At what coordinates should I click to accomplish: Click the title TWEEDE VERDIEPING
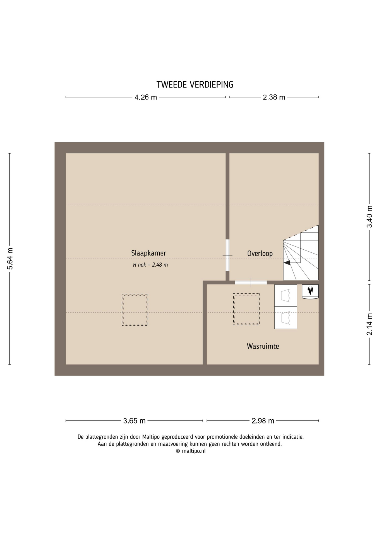click(x=195, y=84)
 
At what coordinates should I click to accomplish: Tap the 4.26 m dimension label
click(x=146, y=97)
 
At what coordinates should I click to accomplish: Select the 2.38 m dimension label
click(x=274, y=97)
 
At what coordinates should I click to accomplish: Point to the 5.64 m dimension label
click(x=10, y=259)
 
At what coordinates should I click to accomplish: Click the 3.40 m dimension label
click(x=370, y=217)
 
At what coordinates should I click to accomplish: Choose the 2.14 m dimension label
click(x=370, y=324)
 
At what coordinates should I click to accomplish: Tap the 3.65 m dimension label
click(x=134, y=421)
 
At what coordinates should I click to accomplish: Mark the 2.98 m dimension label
click(x=263, y=421)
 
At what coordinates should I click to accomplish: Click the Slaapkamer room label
click(x=148, y=253)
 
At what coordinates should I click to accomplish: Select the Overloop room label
click(x=260, y=254)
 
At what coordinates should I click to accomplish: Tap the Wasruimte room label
click(x=263, y=346)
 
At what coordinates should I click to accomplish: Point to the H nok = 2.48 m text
click(x=150, y=265)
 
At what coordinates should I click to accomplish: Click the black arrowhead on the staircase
click(x=287, y=262)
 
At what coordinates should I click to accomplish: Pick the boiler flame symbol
click(x=310, y=291)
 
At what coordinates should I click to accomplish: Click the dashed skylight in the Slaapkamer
click(x=135, y=310)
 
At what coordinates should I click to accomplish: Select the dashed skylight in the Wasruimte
click(x=246, y=309)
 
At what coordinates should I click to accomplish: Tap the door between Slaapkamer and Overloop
click(x=227, y=255)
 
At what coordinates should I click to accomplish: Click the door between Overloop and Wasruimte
click(x=251, y=282)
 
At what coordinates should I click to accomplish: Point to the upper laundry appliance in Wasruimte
click(x=286, y=295)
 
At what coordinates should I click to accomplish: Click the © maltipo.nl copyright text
click(x=191, y=451)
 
